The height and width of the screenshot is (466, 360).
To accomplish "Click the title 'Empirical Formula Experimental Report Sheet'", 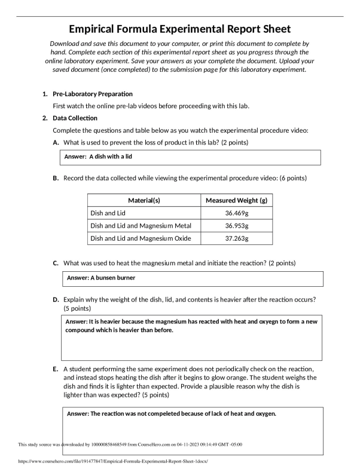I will tap(180, 29).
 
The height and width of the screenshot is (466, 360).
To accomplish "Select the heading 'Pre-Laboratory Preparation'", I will tap(93, 94).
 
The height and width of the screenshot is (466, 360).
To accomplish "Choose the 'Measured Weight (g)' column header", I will tap(236, 201).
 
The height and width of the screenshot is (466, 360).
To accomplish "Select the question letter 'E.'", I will tap(56, 370).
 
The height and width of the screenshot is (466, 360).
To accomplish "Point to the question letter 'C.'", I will tap(56, 263).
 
